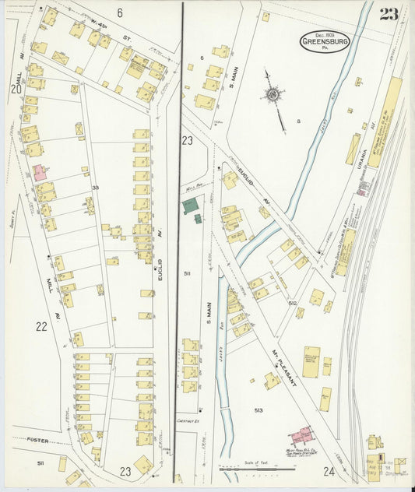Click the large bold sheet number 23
pyautogui.click(x=389, y=15)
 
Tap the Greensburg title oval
pyautogui.click(x=325, y=42)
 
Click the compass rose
pyautogui.click(x=273, y=95)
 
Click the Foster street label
pyautogui.click(x=37, y=441)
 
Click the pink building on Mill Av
pyautogui.click(x=39, y=172)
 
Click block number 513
pyautogui.click(x=258, y=409)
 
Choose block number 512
pyautogui.click(x=293, y=302)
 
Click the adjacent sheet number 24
pyautogui.click(x=329, y=471)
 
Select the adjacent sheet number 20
pyautogui.click(x=16, y=90)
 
